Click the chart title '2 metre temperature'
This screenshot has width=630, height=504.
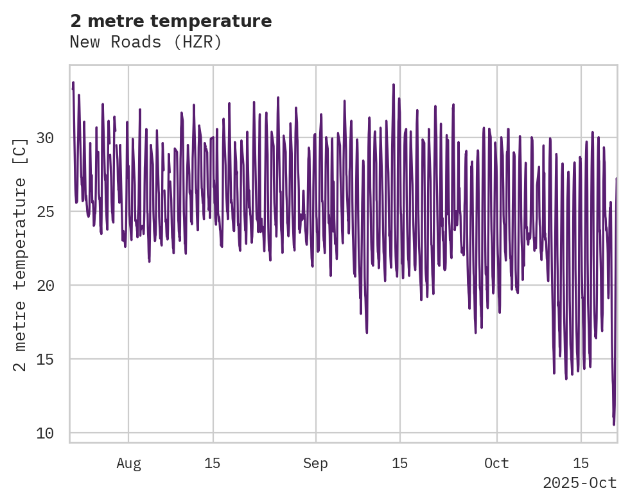tap(171, 21)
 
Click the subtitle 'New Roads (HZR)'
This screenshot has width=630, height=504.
tap(146, 42)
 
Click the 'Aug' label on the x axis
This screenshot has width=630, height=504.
tap(128, 464)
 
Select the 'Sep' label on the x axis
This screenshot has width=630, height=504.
tap(316, 464)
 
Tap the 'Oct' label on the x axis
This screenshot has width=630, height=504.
tap(497, 464)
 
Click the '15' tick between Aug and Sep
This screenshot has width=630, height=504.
tap(213, 464)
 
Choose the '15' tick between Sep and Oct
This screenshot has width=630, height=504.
tap(400, 464)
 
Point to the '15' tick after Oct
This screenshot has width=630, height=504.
tap(581, 464)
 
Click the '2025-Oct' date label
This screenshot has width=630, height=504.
tap(580, 483)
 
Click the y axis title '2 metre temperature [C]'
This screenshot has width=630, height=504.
tap(21, 254)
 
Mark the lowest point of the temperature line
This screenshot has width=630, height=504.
tap(614, 424)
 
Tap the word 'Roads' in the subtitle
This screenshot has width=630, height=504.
tap(146, 42)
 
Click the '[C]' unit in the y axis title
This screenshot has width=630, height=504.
tap(21, 150)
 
